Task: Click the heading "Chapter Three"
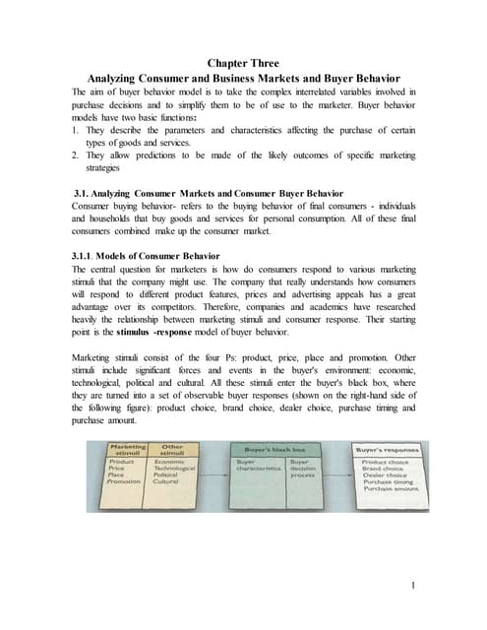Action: coord(243,64)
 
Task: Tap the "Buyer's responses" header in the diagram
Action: coord(386,449)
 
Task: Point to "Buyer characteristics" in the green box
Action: coord(258,466)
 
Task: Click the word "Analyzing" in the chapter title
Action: coord(120,79)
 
